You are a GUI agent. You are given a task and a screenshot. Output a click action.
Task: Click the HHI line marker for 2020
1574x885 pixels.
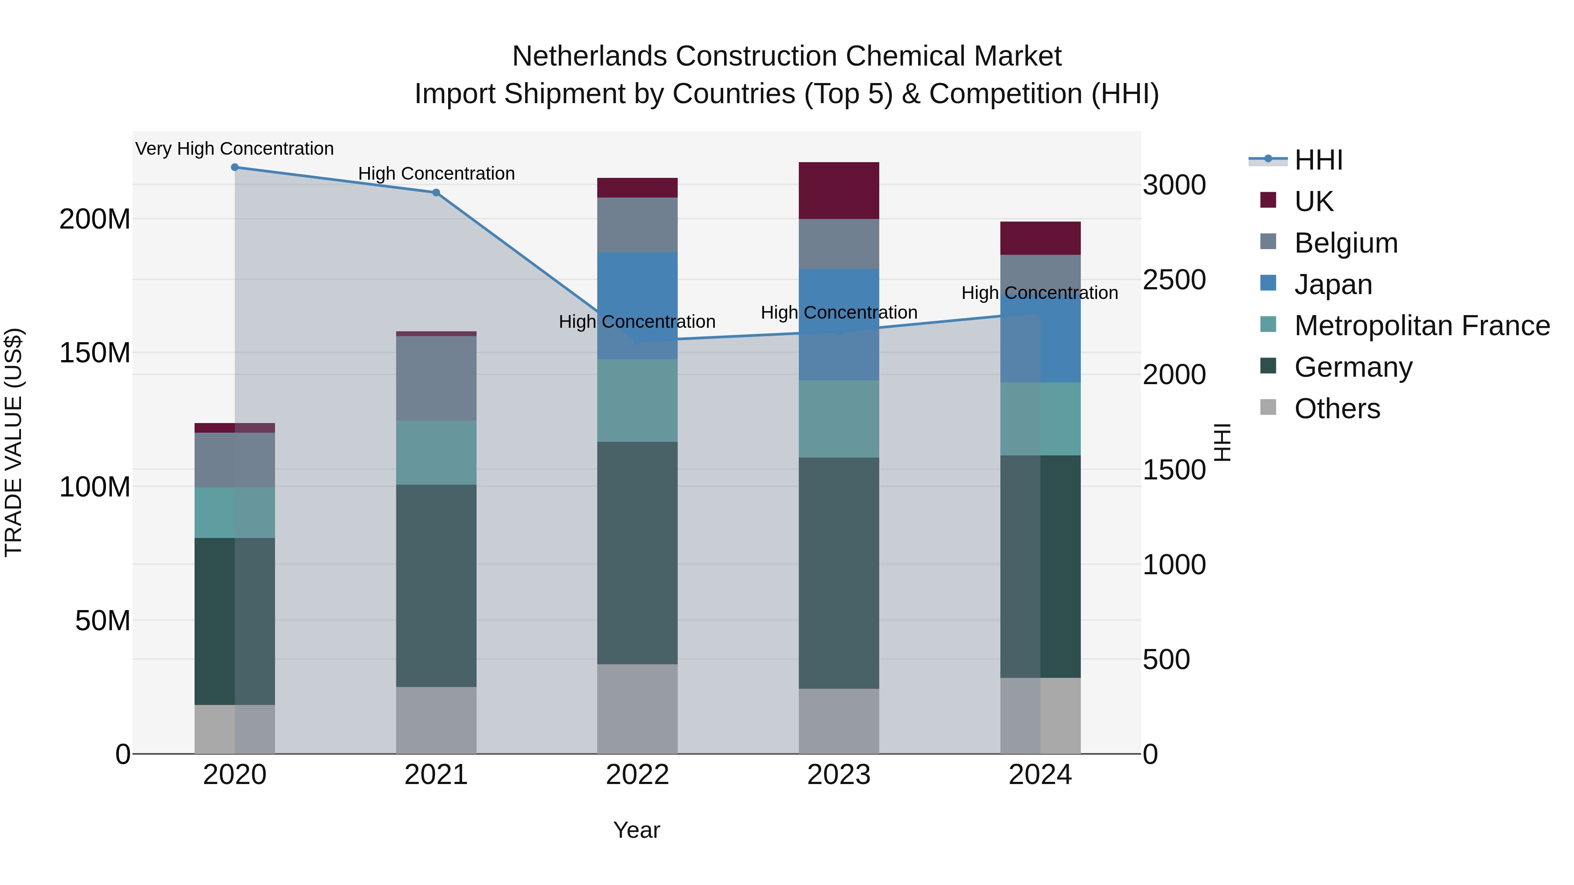[x=235, y=167]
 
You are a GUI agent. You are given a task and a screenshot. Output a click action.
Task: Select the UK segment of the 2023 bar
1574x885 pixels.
[x=839, y=191]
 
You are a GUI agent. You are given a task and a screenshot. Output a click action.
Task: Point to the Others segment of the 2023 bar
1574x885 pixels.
[x=839, y=721]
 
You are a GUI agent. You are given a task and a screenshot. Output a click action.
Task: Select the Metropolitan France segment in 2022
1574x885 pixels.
[x=637, y=401]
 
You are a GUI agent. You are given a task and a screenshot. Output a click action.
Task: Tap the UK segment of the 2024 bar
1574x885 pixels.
[x=1040, y=238]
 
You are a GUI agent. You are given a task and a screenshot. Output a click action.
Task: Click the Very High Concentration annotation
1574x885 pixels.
[x=235, y=149]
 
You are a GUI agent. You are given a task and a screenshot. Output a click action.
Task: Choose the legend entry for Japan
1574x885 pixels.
[x=1333, y=285]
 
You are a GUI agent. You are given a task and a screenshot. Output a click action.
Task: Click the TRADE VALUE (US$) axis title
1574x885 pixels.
[x=14, y=442]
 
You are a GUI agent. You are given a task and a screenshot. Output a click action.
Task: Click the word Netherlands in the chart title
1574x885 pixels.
[x=589, y=56]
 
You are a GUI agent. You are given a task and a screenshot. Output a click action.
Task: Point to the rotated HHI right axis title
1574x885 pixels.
[x=1222, y=442]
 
